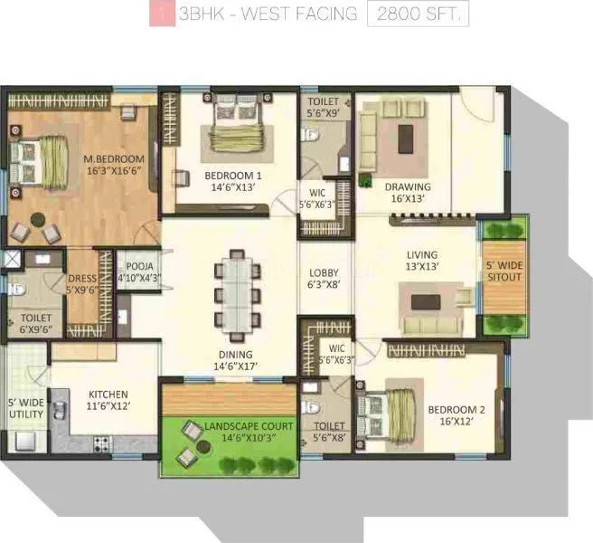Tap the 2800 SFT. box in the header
pos(418,16)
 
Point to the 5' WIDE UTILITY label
pos(25,408)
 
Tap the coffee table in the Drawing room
pos(404,135)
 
